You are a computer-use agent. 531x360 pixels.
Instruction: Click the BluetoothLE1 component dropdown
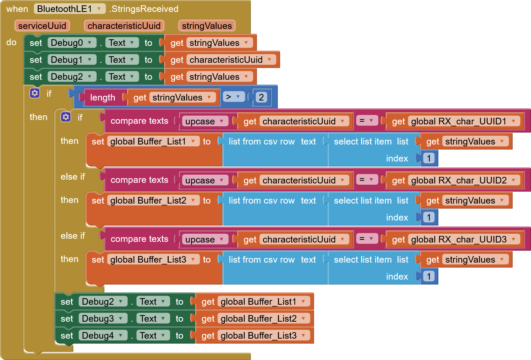coord(69,9)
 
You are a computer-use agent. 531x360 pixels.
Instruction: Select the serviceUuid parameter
coord(42,26)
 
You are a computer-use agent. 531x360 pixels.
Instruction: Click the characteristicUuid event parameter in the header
coord(124,26)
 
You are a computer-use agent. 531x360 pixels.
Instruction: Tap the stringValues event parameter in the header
coord(207,26)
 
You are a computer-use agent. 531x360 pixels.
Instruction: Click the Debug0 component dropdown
coord(72,43)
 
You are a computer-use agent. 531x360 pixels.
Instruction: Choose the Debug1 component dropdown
coord(72,60)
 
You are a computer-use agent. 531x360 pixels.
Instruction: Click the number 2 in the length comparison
coord(261,97)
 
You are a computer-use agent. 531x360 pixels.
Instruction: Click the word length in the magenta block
coord(102,97)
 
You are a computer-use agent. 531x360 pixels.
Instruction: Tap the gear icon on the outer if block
coord(35,93)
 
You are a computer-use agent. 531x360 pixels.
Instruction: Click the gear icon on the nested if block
coord(66,117)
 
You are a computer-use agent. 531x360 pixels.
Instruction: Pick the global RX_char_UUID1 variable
coord(463,121)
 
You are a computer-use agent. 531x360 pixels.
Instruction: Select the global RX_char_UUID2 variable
coord(463,180)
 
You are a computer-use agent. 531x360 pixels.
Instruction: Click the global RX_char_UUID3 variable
coord(463,239)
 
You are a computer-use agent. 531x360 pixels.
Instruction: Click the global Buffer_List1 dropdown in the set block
coord(153,141)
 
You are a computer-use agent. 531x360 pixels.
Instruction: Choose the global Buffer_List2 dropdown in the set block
coord(153,200)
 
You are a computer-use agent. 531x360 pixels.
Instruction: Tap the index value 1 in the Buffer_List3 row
coord(429,276)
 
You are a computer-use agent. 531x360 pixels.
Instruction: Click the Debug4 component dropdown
coord(102,335)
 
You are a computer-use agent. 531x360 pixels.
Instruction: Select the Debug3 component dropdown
coord(102,319)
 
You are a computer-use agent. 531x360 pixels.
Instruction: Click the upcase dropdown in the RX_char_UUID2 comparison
coord(204,180)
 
